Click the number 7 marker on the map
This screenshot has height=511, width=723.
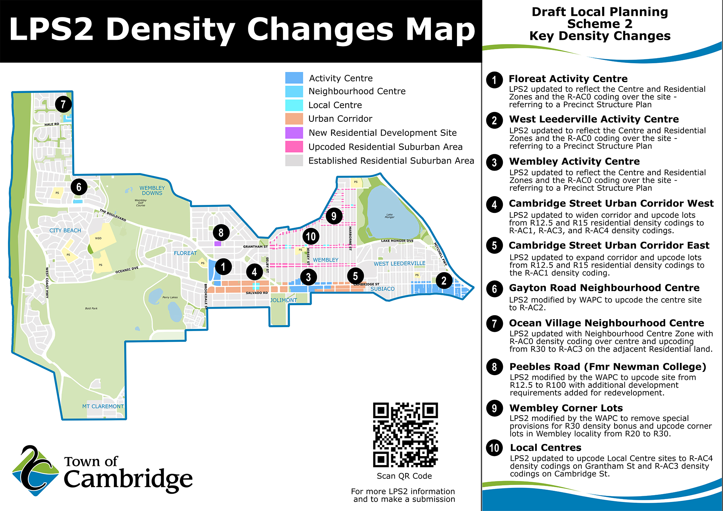tap(63, 104)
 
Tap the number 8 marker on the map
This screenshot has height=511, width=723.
tap(221, 233)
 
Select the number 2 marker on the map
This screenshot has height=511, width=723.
tap(444, 281)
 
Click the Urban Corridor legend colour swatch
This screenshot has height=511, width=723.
tap(294, 119)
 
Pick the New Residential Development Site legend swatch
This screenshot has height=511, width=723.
tap(294, 133)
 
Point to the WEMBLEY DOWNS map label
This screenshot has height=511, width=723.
tap(152, 190)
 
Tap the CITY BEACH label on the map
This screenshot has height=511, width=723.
tap(65, 231)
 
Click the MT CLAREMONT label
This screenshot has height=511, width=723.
tap(103, 406)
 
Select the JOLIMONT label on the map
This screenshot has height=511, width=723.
tap(283, 300)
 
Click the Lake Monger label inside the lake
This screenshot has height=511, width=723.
tap(389, 216)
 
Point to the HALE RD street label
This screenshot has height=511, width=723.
tap(52, 124)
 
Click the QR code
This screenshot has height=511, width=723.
tap(405, 435)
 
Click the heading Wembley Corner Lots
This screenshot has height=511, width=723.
tap(566, 408)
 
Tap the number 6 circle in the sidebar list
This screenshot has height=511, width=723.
tap(494, 289)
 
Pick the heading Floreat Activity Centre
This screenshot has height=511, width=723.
tap(568, 79)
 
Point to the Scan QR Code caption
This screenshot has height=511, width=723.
tap(404, 476)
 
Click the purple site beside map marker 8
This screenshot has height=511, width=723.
tap(218, 244)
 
